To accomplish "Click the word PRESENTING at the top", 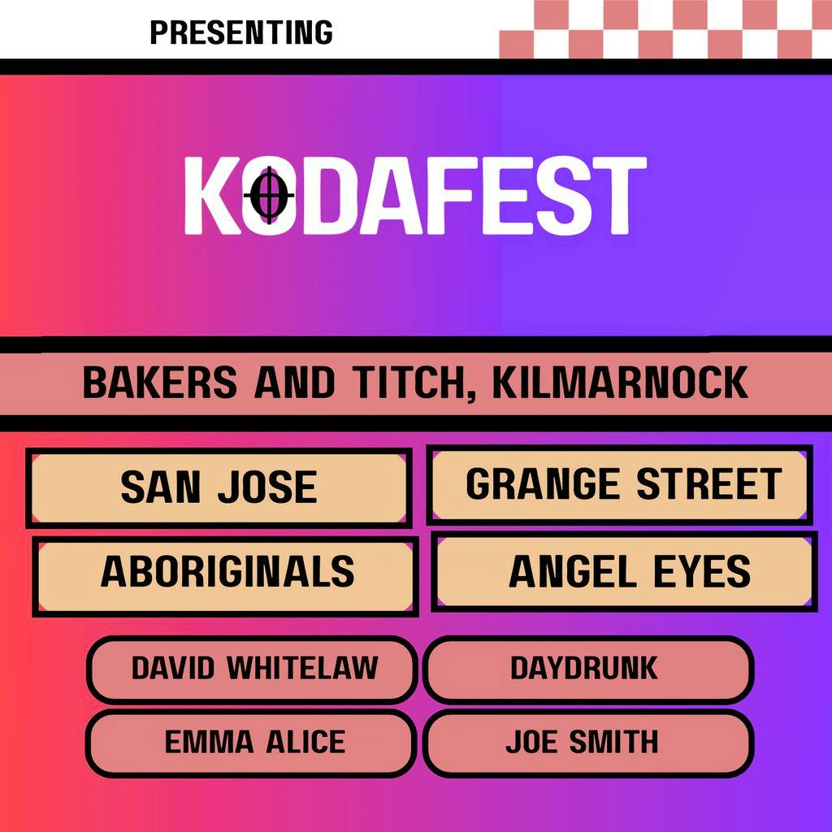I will tap(241, 32).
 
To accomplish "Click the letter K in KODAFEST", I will tap(210, 196).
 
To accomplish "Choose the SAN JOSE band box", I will tap(218, 487).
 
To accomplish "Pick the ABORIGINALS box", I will tap(227, 572).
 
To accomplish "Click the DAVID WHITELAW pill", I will tap(253, 669).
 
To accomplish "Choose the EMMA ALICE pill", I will tap(253, 742).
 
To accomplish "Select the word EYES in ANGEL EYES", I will tap(704, 572).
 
